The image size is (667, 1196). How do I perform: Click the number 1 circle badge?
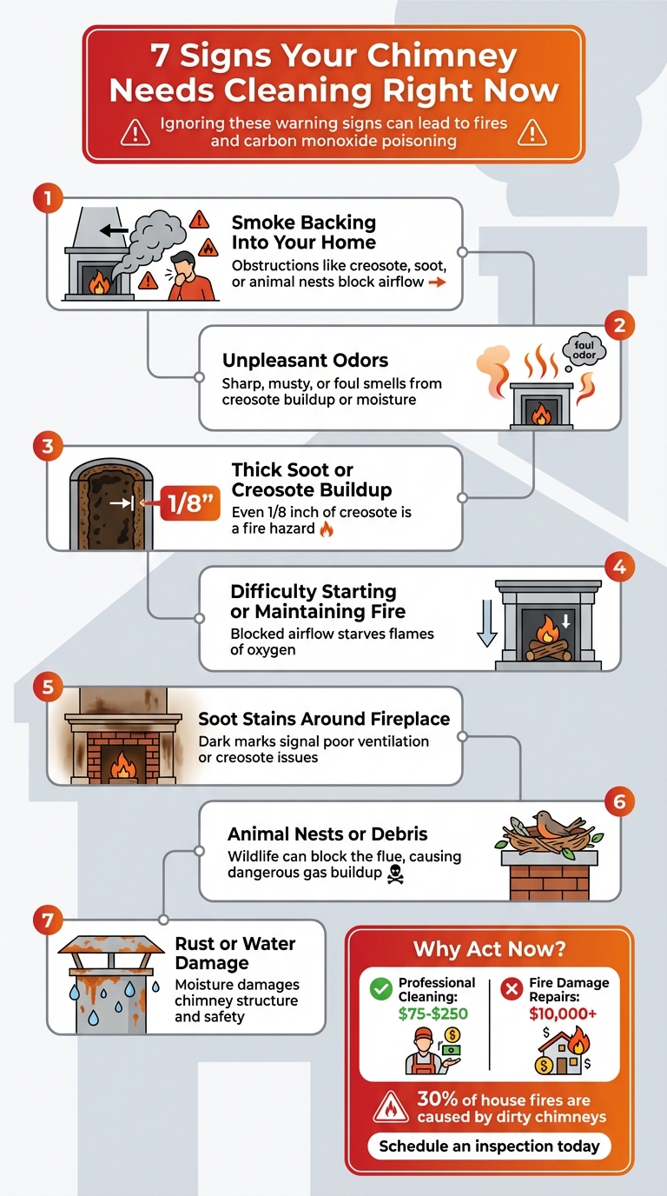[48, 198]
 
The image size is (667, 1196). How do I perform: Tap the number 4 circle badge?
[618, 568]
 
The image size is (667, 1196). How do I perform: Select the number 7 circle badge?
[48, 920]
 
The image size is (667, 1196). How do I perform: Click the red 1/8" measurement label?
[183, 503]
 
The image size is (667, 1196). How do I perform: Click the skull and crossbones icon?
[398, 873]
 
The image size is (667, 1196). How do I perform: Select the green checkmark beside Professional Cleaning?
[380, 989]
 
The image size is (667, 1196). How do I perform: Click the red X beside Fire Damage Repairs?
[512, 989]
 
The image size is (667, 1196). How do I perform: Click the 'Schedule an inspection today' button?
[489, 1146]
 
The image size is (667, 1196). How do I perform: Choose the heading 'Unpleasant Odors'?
[305, 360]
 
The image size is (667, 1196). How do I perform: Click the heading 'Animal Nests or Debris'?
[327, 834]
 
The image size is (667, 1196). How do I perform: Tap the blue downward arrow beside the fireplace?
[487, 627]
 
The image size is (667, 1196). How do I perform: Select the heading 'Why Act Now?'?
[489, 948]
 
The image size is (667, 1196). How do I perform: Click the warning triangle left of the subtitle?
[135, 132]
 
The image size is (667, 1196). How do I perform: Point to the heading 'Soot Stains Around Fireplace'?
[324, 719]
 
